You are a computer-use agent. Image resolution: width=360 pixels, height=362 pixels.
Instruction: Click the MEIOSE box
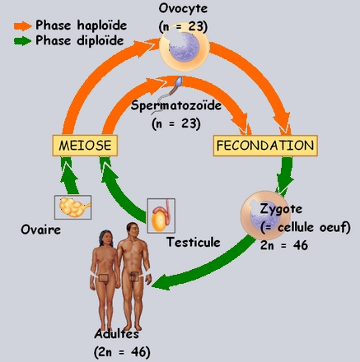tap(85, 146)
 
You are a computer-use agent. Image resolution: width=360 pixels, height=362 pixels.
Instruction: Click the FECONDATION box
tap(265, 146)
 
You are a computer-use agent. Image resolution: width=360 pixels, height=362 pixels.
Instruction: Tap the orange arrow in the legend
tap(22, 26)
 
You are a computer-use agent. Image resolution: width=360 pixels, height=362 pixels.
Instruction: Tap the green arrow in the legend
tap(22, 41)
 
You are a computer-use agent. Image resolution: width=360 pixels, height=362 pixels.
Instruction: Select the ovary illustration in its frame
tap(73, 207)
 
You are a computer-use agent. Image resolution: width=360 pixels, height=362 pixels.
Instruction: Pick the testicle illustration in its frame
tap(161, 216)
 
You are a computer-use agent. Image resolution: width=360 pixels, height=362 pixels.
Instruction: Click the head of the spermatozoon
tap(179, 81)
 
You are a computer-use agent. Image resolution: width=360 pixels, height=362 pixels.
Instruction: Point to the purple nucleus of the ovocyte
tap(184, 47)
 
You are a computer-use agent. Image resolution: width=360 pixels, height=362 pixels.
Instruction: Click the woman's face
tap(107, 239)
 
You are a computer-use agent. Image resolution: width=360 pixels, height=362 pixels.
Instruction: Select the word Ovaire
tap(41, 230)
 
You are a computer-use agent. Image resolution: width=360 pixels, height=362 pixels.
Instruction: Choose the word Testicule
tap(194, 242)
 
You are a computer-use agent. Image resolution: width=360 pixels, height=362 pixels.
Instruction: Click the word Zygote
tap(281, 210)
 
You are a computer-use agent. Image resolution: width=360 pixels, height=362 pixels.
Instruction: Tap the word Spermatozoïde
tap(176, 105)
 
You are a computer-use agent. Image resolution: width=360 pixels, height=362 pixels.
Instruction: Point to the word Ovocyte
tap(183, 9)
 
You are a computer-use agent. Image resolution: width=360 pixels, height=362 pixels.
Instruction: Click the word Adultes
tap(116, 334)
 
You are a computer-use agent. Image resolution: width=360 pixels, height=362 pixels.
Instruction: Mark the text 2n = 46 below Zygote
tap(284, 245)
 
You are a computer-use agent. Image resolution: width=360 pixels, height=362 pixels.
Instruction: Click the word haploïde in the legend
tap(102, 26)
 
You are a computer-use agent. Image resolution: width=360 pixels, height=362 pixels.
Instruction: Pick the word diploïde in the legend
tap(101, 41)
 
